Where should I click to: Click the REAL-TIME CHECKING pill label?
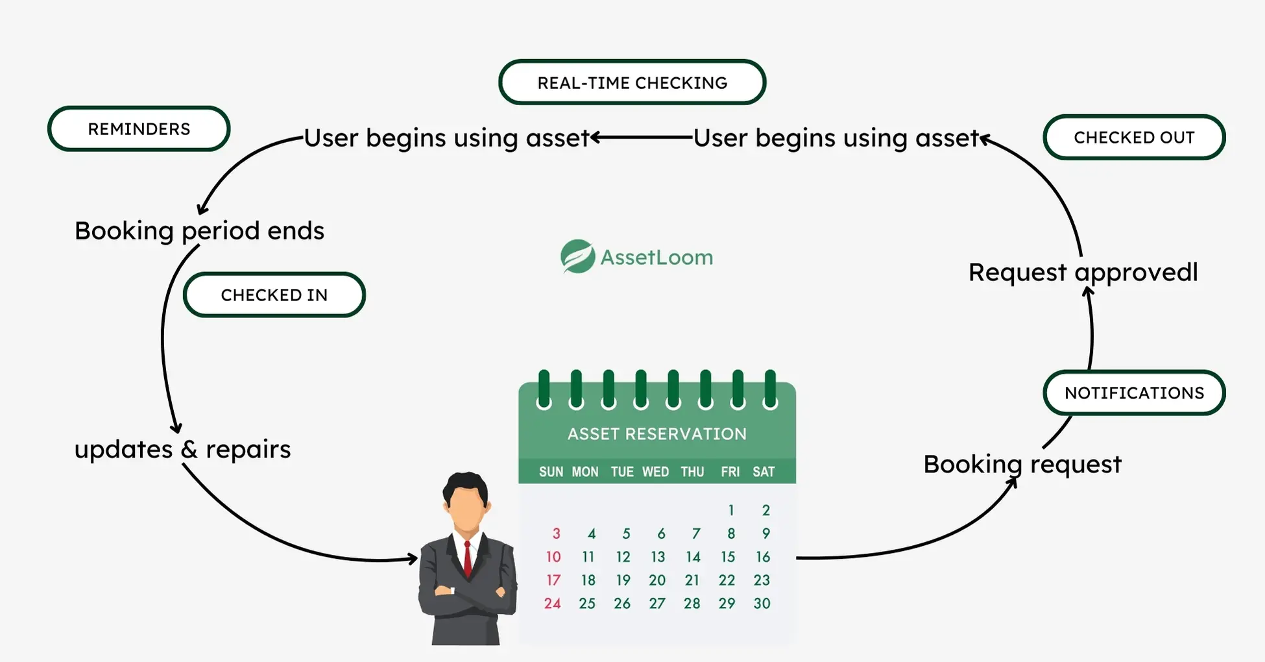tap(632, 82)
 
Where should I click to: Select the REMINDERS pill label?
tap(139, 129)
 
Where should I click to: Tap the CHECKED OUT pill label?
tap(1134, 138)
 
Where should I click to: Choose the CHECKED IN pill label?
tap(274, 295)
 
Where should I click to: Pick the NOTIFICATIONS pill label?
tap(1134, 393)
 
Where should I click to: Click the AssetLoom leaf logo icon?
tap(577, 257)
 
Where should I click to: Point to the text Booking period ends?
tap(199, 231)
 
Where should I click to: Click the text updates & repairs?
tap(182, 449)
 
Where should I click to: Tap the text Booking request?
tap(1022, 465)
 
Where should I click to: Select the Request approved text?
tap(1083, 273)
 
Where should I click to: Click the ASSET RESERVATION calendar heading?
tap(657, 434)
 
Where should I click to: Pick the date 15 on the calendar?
tap(728, 557)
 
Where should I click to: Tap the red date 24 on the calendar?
tap(552, 604)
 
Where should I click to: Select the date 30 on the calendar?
tap(762, 604)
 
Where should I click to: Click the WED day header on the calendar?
tap(655, 472)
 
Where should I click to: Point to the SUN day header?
tap(551, 472)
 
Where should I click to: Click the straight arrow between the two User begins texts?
tap(642, 138)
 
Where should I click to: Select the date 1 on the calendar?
tap(731, 510)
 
